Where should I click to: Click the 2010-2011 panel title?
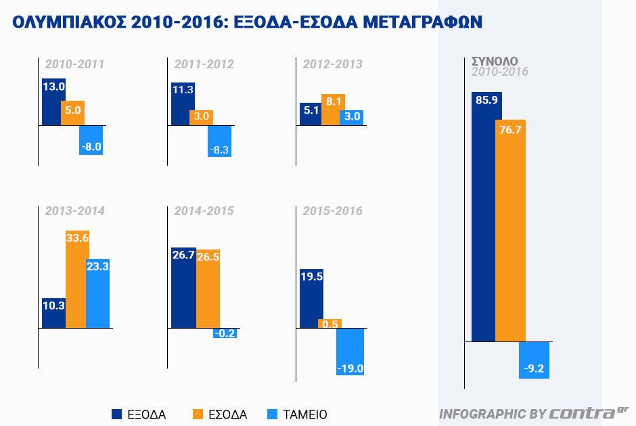74,65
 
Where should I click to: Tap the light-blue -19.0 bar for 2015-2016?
350,351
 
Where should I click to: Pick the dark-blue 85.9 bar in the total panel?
486,216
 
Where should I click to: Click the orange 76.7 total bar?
510,231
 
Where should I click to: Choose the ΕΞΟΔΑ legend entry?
139,415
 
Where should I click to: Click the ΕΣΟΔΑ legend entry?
220,415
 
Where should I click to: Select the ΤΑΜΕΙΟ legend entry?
298,415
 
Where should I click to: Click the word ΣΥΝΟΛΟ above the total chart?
495,61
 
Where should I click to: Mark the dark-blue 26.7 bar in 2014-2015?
183,287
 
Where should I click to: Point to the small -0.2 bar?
225,333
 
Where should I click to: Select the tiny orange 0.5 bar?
330,324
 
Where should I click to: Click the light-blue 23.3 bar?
98,293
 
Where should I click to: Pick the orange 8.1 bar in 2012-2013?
333,110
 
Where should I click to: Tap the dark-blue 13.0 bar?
53,102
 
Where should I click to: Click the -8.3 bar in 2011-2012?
220,141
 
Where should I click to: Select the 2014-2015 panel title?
204,211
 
